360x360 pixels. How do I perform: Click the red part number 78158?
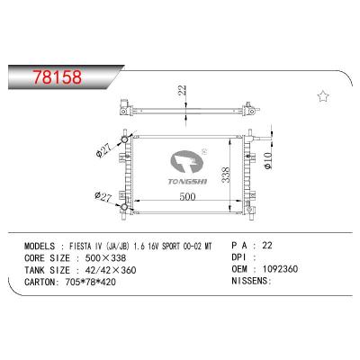pos(58,77)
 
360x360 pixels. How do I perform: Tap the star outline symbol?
pos(323,96)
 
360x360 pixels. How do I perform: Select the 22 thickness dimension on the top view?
pos(182,90)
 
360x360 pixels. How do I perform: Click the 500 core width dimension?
pos(187,196)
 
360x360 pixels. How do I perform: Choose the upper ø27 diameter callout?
pos(103,150)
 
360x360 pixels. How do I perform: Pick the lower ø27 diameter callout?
pos(103,196)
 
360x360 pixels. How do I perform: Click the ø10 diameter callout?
pos(268,160)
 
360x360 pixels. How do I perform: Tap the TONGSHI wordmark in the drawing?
pos(187,182)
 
